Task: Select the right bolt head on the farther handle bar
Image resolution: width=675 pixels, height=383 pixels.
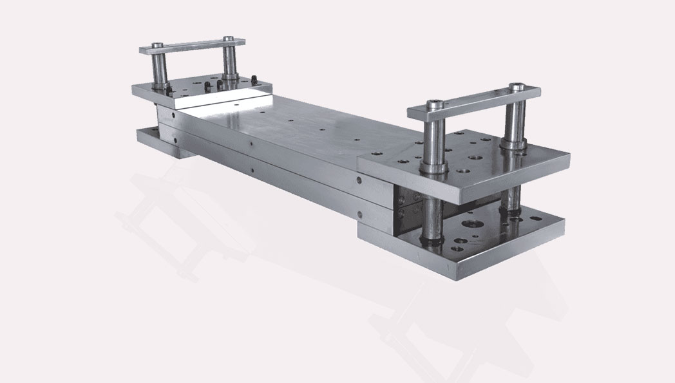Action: click(228, 39)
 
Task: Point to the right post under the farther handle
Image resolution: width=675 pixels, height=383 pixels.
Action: click(229, 61)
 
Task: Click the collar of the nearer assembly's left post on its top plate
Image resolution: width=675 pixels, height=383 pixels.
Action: click(433, 169)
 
